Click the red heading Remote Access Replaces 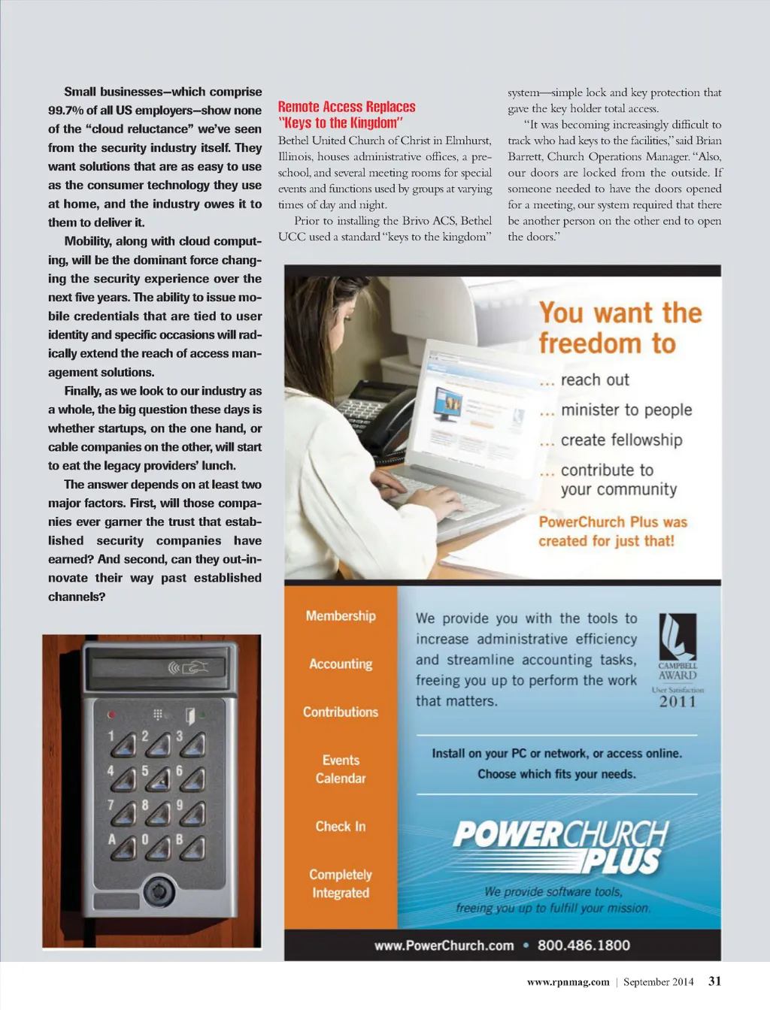pos(347,107)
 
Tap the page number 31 pos(714,981)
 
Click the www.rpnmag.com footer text pos(568,981)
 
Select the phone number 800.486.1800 pos(584,945)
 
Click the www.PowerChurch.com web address pos(444,945)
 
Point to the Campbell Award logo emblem pos(678,637)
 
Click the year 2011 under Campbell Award pos(678,702)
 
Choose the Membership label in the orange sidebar pos(341,615)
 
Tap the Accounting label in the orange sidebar pos(341,664)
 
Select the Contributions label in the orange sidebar pos(341,712)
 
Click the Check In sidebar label pos(341,827)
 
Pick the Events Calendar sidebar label pos(341,770)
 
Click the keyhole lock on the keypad pos(159,891)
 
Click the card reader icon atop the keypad pos(188,667)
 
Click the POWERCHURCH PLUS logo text pos(560,845)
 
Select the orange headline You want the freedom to pos(620,328)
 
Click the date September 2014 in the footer pos(658,981)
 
